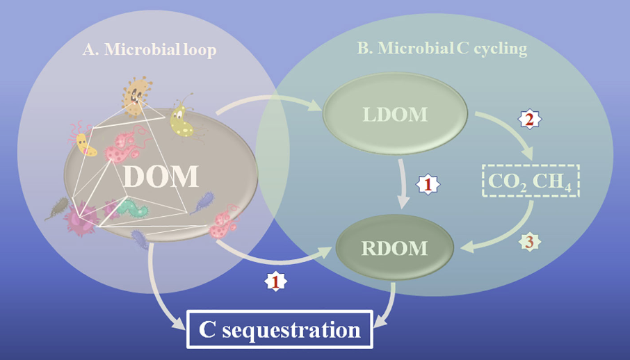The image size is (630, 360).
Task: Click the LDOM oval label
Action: (396, 114)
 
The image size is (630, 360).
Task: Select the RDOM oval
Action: (395, 247)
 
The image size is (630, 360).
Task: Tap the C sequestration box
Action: (280, 329)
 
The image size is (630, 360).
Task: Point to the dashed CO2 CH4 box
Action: (531, 181)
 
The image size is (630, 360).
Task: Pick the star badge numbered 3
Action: (530, 243)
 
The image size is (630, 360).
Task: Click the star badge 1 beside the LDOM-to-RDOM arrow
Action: (428, 185)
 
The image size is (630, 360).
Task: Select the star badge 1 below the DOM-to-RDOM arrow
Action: (275, 281)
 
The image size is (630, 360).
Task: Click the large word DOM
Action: (161, 177)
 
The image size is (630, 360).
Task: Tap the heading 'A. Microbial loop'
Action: (150, 50)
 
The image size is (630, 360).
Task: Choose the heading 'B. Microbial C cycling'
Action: (442, 48)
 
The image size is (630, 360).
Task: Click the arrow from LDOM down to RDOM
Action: (404, 183)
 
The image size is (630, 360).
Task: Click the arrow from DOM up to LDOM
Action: (269, 99)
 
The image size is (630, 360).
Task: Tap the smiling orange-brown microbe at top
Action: (136, 96)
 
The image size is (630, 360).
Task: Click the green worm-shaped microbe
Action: (132, 207)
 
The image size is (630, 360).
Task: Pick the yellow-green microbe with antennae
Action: (182, 120)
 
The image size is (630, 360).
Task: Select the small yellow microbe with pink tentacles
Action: (83, 142)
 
